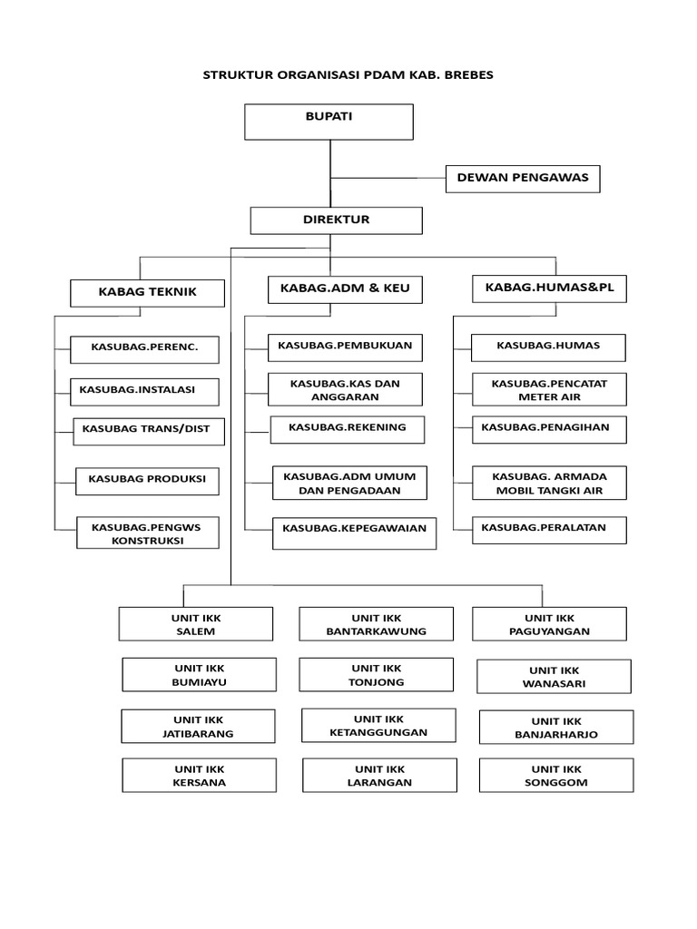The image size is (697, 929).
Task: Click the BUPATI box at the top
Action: point(329,122)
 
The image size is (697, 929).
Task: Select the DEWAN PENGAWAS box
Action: point(522,179)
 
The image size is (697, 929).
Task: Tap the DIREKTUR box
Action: point(336,220)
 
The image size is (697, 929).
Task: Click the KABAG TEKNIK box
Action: point(147,293)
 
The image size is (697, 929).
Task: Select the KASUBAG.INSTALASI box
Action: point(144,391)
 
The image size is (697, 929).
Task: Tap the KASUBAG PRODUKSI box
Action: point(147,481)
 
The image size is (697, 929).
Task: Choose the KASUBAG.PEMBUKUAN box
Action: point(345,347)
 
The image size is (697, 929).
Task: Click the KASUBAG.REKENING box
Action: point(347,429)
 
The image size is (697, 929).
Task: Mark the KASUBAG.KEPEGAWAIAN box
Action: point(354,533)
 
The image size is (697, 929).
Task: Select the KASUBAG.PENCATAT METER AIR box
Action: point(549,390)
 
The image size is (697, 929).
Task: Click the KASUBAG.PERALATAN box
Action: point(549,530)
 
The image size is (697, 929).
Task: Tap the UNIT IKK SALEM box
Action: point(196,624)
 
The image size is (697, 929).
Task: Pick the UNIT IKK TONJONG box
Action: point(376,675)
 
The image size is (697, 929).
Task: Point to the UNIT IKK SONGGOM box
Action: point(556,776)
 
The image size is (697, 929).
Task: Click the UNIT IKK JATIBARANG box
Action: point(198,727)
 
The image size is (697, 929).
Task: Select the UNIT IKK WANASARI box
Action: point(554,677)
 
